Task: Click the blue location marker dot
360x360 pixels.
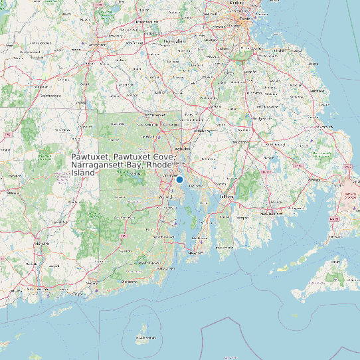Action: pyautogui.click(x=179, y=179)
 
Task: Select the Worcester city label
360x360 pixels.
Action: pyautogui.click(x=97, y=45)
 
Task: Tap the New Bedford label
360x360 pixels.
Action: pyautogui.click(x=272, y=215)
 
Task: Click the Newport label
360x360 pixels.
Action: pyautogui.click(x=195, y=253)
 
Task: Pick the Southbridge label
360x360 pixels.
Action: pyautogui.click(x=50, y=96)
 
